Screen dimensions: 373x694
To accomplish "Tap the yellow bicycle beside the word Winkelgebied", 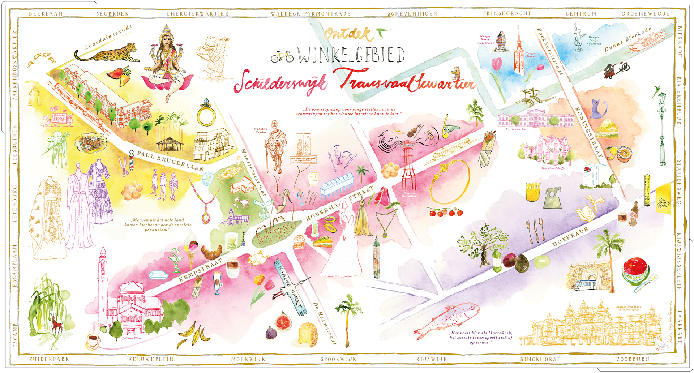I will [x=282, y=57].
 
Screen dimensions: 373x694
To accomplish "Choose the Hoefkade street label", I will [x=570, y=237].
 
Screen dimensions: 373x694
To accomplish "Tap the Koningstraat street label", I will [x=588, y=132].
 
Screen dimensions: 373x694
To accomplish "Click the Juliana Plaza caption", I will [x=132, y=338].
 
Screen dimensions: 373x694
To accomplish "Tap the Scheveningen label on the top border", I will [x=412, y=14].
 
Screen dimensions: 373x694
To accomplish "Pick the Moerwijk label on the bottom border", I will [x=248, y=359].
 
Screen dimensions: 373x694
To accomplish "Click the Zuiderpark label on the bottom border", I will [x=49, y=359].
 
